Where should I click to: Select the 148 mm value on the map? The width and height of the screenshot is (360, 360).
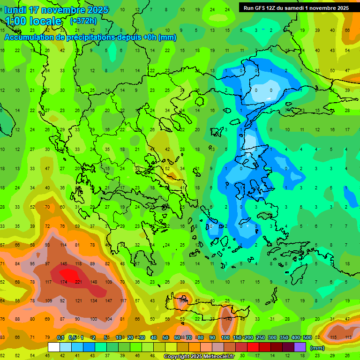coord(94,282)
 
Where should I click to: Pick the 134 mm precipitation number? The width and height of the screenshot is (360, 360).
coord(94,300)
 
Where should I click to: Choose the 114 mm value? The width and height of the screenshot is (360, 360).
coord(63,245)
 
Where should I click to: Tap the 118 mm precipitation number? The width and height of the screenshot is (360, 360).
coord(79,263)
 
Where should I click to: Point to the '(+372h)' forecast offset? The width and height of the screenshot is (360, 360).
coord(83,21)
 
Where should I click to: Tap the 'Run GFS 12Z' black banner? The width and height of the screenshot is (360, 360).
coord(296,7)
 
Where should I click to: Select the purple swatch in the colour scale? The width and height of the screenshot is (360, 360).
coord(300,347)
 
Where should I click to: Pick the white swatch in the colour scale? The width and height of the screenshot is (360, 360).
coord(54,347)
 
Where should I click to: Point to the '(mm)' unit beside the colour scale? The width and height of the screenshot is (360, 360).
coord(317,348)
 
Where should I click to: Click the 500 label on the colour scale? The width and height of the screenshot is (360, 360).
coord(307,337)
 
